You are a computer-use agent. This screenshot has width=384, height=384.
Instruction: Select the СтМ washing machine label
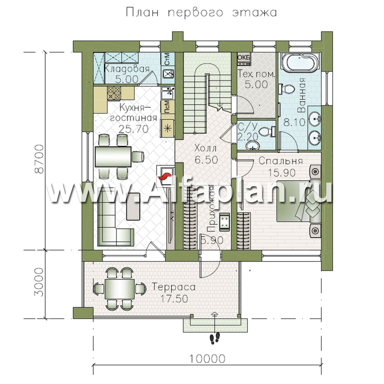[167, 59]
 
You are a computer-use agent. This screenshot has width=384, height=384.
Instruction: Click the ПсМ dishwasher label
[167, 107]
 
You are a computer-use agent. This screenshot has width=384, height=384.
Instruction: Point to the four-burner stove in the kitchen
[114, 93]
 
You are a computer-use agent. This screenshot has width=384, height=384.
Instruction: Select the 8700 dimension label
[39, 159]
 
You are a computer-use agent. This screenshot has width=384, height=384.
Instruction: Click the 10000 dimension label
[207, 359]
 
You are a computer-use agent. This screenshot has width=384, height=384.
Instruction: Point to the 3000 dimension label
[39, 282]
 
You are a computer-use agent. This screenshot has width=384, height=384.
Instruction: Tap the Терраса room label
[174, 287]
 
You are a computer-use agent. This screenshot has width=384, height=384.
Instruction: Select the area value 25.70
[134, 128]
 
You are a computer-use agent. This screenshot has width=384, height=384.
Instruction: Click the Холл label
[206, 148]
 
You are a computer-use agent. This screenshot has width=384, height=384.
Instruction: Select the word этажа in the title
[254, 12]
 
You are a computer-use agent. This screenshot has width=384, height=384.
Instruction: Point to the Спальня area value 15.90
[282, 173]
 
